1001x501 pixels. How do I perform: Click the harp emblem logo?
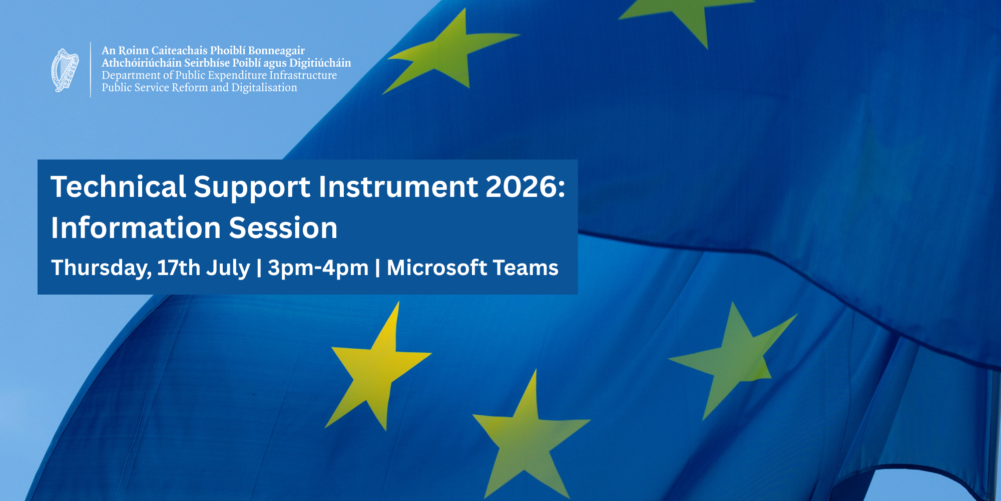click(x=65, y=70)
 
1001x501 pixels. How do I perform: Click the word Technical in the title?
click(x=119, y=187)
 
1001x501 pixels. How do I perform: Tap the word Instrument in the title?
click(x=398, y=187)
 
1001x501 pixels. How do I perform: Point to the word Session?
click(x=283, y=228)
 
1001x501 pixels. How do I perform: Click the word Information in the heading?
click(x=136, y=228)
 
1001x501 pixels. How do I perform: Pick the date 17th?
click(x=179, y=268)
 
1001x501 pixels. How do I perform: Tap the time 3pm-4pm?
click(x=318, y=269)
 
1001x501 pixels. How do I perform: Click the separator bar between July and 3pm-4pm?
click(x=259, y=268)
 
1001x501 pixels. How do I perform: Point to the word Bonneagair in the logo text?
click(x=276, y=51)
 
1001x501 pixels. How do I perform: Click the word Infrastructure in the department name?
click(x=303, y=75)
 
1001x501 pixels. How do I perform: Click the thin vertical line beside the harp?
click(x=91, y=70)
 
